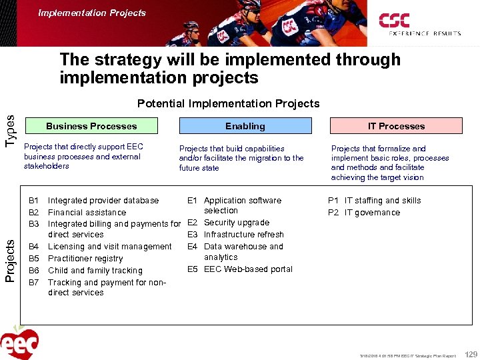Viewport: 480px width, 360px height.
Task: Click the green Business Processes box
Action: point(91,126)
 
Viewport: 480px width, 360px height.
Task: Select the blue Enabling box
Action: point(245,126)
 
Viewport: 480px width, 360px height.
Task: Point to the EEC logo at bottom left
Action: point(20,341)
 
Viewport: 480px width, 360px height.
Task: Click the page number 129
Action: point(471,354)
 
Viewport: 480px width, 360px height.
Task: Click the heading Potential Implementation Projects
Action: point(228,103)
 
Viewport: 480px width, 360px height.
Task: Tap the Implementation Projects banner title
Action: point(92,13)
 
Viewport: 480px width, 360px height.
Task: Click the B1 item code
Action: point(35,200)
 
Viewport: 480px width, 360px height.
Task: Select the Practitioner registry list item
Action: point(85,258)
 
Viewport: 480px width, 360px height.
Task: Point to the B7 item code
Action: point(35,282)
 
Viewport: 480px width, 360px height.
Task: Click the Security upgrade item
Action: point(237,223)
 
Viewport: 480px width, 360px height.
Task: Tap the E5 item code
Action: point(193,269)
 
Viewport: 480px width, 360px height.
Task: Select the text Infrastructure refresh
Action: point(244,235)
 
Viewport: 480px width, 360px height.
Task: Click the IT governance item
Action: point(372,213)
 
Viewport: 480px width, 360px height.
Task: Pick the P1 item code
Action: point(333,200)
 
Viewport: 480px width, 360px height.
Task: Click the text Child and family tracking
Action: point(95,270)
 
